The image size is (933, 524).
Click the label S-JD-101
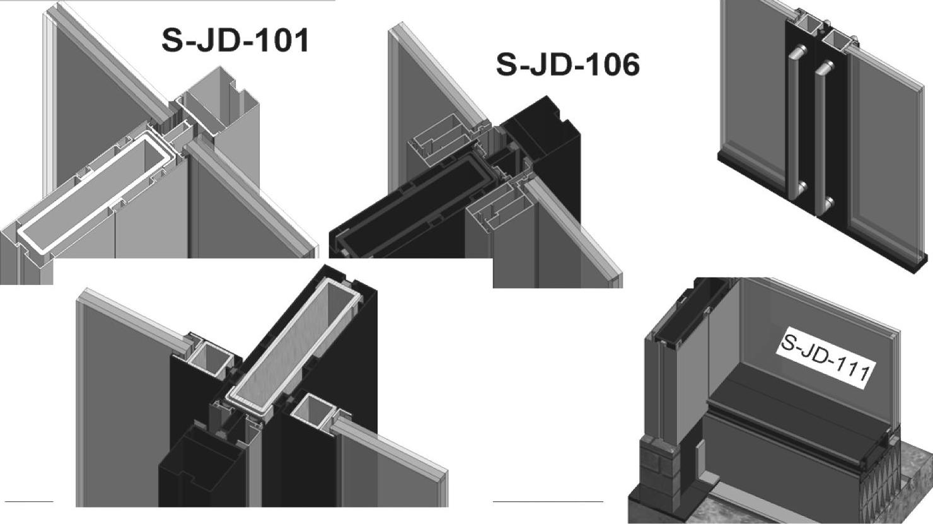(235, 41)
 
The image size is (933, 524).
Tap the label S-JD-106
(568, 66)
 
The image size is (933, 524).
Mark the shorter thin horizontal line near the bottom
(29, 501)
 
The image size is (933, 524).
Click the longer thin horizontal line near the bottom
(548, 501)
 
